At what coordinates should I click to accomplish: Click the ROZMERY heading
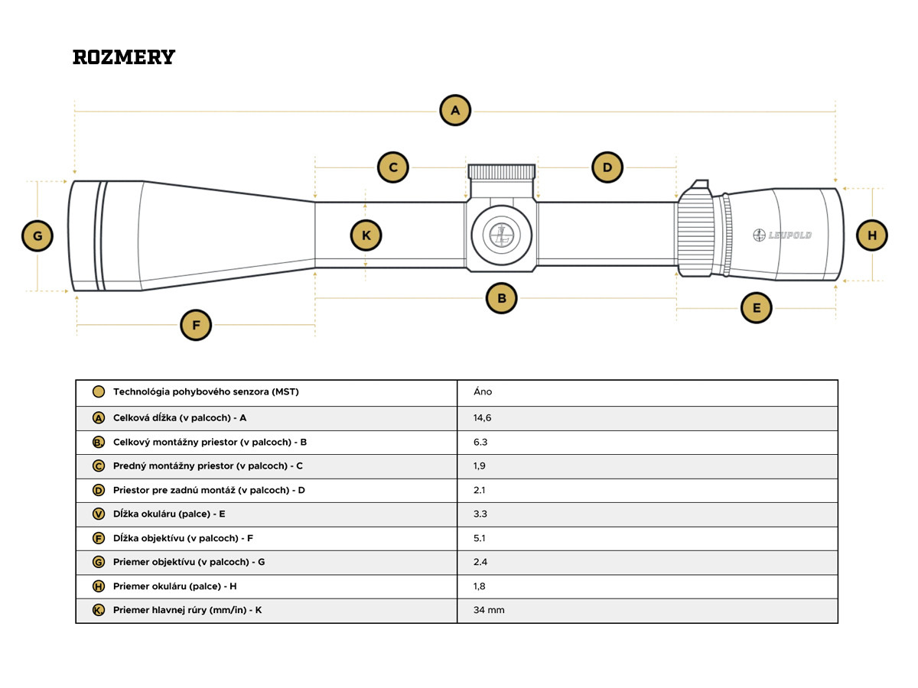coord(124,57)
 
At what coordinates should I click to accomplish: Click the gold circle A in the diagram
coord(455,110)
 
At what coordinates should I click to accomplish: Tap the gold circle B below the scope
coord(502,298)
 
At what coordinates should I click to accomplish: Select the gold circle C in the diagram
coord(393,167)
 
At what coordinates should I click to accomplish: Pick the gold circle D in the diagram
coord(607,167)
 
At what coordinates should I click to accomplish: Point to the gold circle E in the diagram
coord(757,308)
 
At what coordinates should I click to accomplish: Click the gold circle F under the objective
coord(196,325)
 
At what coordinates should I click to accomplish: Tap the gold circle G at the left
coord(37,236)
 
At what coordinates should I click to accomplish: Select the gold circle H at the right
coord(872,235)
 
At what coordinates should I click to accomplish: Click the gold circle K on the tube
coord(366,235)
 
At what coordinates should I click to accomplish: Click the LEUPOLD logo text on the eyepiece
coord(783,235)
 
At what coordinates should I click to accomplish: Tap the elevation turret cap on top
coord(502,172)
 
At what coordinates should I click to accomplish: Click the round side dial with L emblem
coord(501,235)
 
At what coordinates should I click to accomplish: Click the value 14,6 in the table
coord(483,418)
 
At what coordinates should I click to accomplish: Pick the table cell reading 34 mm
coord(489,610)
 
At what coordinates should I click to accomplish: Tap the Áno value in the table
coord(483,392)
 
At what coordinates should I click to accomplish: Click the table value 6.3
coord(481,442)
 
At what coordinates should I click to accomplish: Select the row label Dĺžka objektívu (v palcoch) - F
coord(183,538)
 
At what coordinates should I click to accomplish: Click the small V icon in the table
coord(98,514)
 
